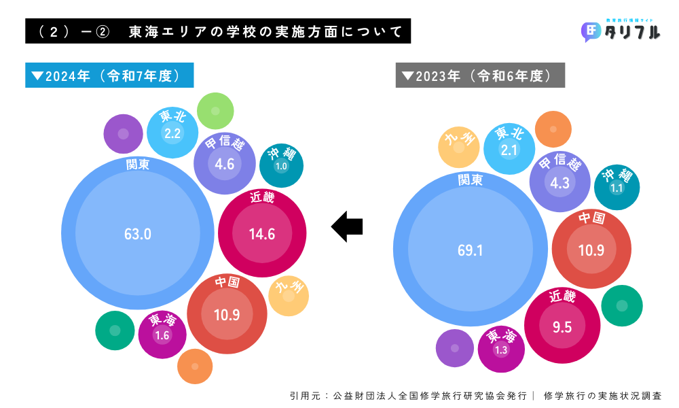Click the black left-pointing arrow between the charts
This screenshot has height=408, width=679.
(x=347, y=225)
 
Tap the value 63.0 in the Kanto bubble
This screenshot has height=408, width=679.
(x=137, y=235)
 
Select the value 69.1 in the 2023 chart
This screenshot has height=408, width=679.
(x=470, y=250)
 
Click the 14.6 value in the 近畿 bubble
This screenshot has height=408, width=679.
(x=262, y=235)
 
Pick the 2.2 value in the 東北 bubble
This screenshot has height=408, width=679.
(x=172, y=133)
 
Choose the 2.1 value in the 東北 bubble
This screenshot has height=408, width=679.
(x=509, y=150)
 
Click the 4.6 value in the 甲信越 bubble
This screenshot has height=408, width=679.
(x=224, y=164)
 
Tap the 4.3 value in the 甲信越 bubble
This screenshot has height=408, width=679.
(x=560, y=183)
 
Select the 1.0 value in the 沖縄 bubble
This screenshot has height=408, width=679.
(x=281, y=166)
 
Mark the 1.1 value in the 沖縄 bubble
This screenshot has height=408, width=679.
(x=617, y=188)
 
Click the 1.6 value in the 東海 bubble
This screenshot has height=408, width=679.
(x=162, y=335)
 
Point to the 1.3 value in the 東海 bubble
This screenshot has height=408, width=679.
(x=501, y=350)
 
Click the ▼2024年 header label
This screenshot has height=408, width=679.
(x=109, y=75)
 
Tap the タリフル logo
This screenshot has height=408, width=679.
(x=621, y=31)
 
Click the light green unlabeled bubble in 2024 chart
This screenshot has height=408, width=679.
(x=215, y=111)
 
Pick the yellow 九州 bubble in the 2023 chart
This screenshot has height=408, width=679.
(x=459, y=147)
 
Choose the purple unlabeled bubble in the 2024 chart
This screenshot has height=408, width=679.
(x=124, y=133)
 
